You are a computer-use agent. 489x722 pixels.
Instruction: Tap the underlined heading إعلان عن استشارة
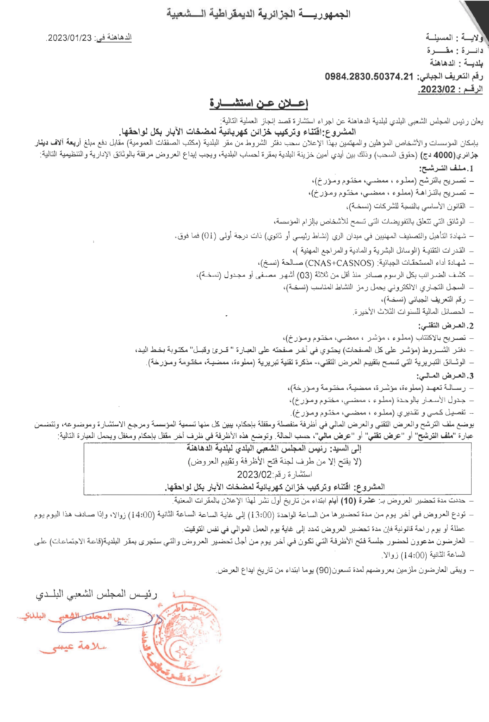(x=244, y=104)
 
